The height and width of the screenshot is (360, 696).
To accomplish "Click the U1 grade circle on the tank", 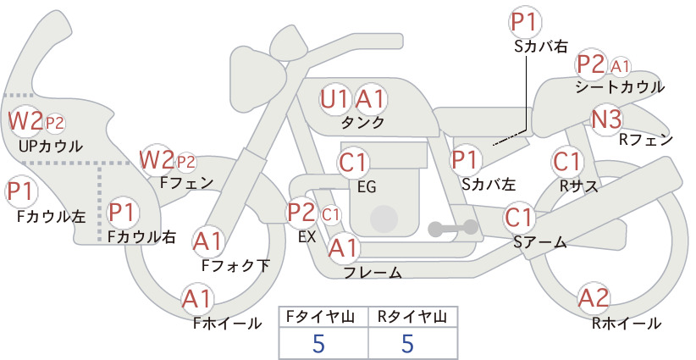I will pyautogui.click(x=334, y=99).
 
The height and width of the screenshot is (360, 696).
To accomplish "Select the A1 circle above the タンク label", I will pyautogui.click(x=369, y=99).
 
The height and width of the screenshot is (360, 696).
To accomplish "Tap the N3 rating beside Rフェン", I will pyautogui.click(x=607, y=119).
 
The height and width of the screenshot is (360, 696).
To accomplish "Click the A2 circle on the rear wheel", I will pyautogui.click(x=594, y=298).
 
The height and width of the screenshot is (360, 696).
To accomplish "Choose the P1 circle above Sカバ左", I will pyautogui.click(x=466, y=158).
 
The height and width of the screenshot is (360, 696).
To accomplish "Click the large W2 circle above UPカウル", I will pyautogui.click(x=25, y=121).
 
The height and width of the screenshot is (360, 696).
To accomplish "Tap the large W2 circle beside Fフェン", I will pyautogui.click(x=157, y=158).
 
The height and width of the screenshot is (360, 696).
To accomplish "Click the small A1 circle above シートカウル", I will pyautogui.click(x=621, y=65).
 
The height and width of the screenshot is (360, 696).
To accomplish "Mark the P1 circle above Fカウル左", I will pyautogui.click(x=23, y=191).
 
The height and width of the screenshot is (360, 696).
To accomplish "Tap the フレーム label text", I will pyautogui.click(x=373, y=273).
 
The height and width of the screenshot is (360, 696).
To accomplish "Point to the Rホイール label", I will pyautogui.click(x=627, y=323).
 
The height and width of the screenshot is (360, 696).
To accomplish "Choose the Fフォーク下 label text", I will pyautogui.click(x=236, y=265).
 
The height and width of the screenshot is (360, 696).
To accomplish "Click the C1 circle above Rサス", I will pyautogui.click(x=566, y=160).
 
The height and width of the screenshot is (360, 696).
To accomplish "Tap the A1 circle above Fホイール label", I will pyautogui.click(x=197, y=299).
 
